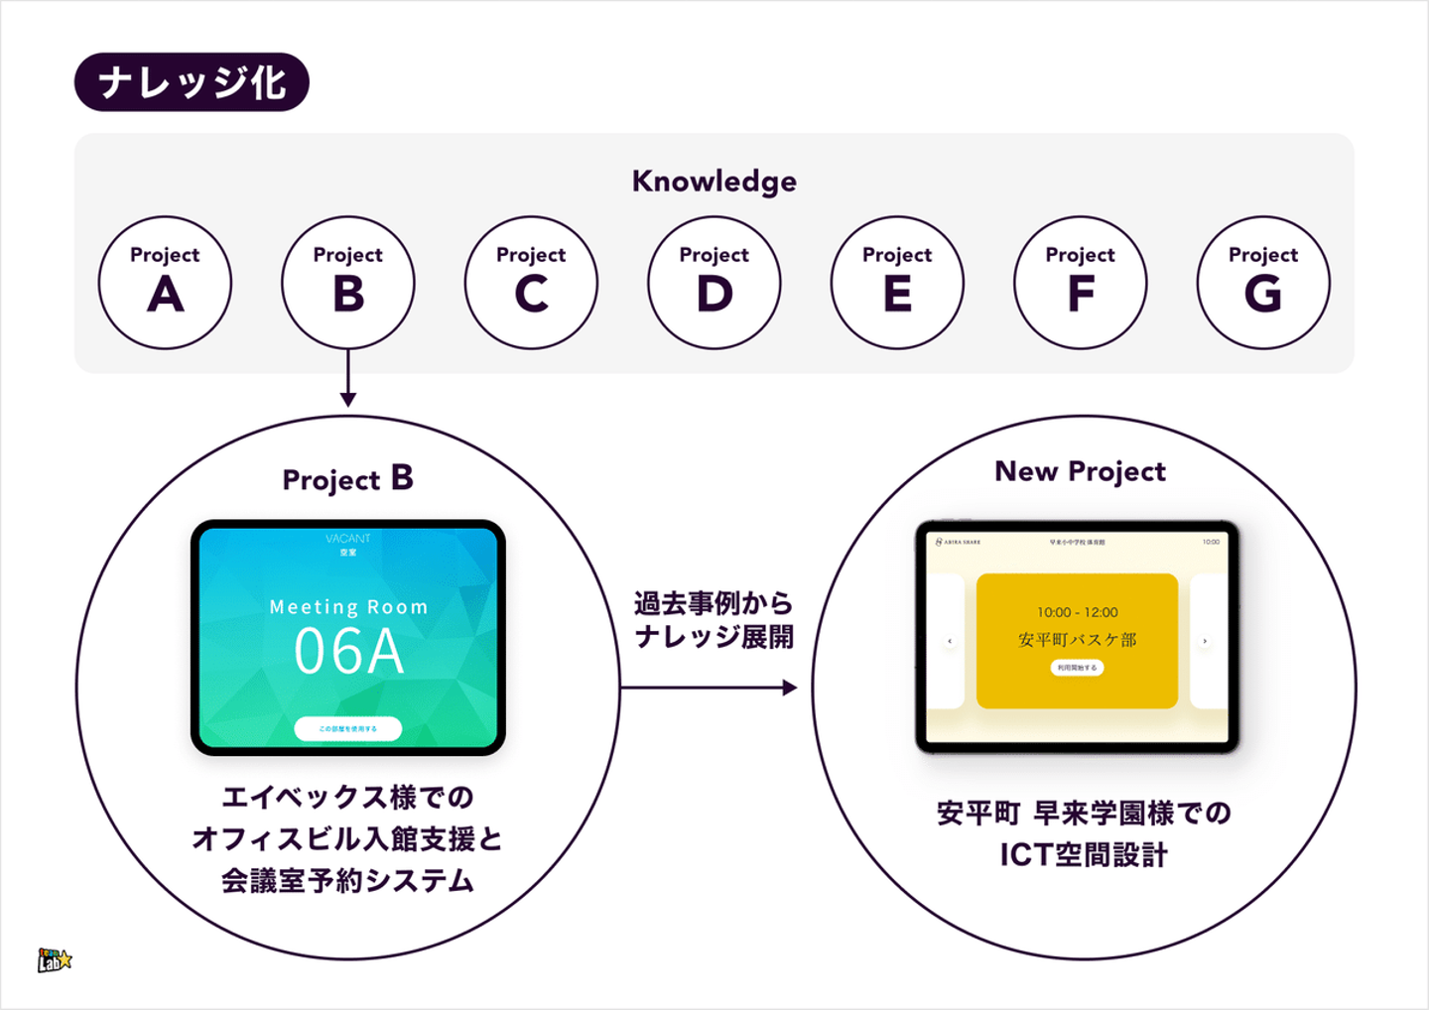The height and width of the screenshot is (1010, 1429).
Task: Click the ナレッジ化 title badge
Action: tap(192, 82)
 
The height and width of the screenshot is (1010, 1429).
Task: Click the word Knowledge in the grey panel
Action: tap(714, 182)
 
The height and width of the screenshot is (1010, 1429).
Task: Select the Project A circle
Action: tap(165, 283)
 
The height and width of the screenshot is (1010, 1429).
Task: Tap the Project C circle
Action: tap(531, 283)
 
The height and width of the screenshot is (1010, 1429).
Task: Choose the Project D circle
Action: tap(714, 283)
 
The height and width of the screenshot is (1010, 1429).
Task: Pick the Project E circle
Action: tap(897, 283)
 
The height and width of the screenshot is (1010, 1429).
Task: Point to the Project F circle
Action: tap(1080, 283)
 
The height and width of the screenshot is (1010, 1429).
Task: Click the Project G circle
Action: tap(1263, 283)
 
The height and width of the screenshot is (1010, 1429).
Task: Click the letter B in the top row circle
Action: tap(348, 295)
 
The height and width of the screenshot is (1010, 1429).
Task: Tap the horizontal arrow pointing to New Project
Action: tap(709, 687)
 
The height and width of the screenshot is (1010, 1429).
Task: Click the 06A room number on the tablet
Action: tap(348, 653)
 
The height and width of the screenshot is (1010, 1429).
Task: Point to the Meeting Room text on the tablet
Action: tap(348, 607)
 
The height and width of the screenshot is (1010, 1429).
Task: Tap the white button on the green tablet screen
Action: tap(348, 728)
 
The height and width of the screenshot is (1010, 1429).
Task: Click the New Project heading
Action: tap(1080, 471)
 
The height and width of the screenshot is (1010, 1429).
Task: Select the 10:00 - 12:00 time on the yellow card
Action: tap(1078, 612)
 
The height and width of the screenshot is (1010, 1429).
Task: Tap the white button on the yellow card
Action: tap(1077, 668)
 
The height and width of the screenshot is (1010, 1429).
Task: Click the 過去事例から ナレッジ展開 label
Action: tap(714, 620)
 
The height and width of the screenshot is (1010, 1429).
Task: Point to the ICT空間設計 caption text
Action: tap(1083, 854)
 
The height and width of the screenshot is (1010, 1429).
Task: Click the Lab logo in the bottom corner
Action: tap(55, 959)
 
